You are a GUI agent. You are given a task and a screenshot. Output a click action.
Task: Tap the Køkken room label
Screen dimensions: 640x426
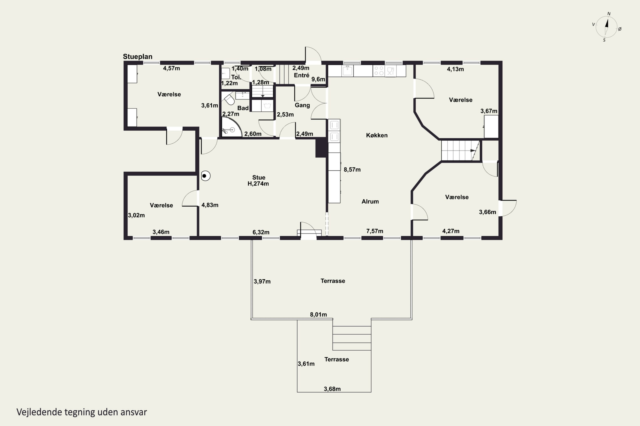point(377,135)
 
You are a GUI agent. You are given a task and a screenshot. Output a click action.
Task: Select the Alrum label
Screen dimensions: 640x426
point(370,201)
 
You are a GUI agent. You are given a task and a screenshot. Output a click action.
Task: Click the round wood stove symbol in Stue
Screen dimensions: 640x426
point(205,176)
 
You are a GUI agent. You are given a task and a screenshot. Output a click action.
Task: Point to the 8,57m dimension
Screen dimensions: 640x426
point(352,170)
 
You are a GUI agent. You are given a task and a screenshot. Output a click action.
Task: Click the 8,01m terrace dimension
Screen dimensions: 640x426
point(318,315)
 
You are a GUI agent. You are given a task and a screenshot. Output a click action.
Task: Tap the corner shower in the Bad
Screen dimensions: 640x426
point(231,127)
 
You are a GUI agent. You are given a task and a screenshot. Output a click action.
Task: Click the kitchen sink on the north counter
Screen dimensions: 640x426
point(348,71)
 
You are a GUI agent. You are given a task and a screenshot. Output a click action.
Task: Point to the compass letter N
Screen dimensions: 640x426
point(609,14)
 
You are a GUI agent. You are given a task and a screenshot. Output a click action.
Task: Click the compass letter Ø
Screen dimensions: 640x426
point(620,29)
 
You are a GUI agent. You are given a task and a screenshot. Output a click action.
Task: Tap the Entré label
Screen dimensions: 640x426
point(301,75)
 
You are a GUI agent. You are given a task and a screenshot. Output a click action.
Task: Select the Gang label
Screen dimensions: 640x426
point(302,105)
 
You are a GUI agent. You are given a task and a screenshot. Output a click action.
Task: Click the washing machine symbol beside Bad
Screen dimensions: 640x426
point(267,106)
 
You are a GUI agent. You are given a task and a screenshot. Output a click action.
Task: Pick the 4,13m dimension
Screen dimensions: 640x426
point(455,69)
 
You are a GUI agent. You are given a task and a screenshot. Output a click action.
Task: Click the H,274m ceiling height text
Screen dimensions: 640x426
point(258,184)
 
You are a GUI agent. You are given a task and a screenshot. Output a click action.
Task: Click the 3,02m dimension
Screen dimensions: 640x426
point(136,215)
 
